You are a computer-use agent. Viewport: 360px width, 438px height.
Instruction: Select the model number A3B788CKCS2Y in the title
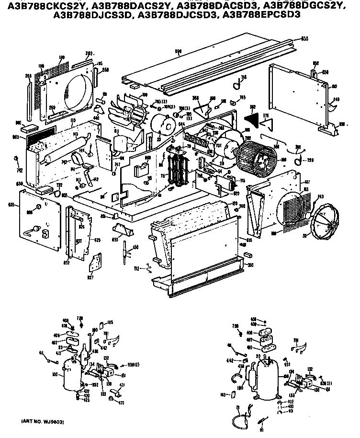pyautogui.click(x=45, y=5)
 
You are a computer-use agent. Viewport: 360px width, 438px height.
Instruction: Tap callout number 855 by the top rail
pyautogui.click(x=305, y=38)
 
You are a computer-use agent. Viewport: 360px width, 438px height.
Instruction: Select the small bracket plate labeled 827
pyautogui.click(x=96, y=263)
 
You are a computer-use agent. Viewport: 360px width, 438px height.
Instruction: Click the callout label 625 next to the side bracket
pyautogui.click(x=97, y=240)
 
